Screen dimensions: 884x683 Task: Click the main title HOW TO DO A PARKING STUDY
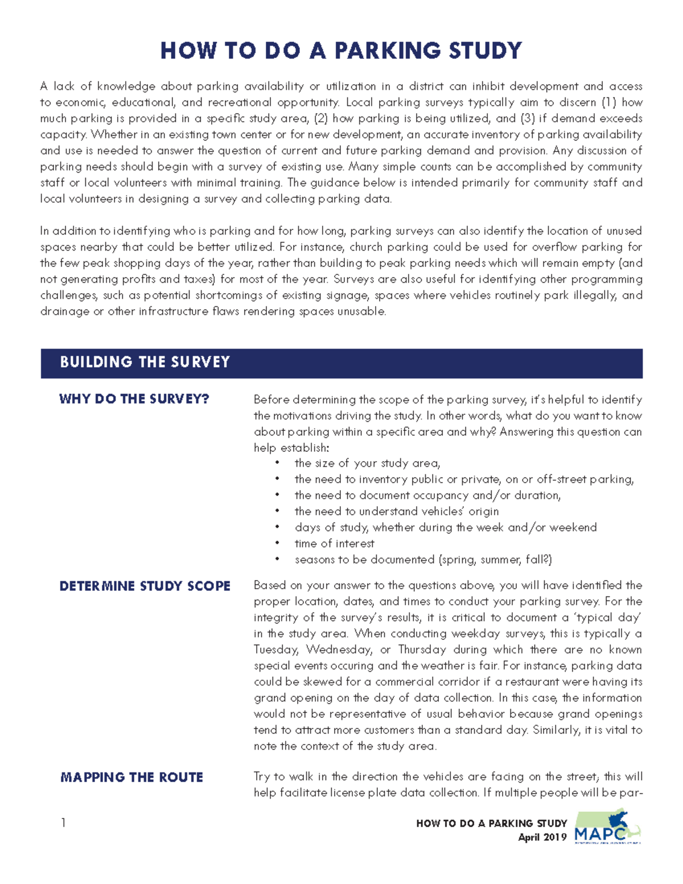[x=341, y=51]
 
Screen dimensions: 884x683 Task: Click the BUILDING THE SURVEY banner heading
[x=145, y=362]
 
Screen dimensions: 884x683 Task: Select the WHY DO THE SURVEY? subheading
[x=134, y=399]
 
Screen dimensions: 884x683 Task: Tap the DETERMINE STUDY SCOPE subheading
[x=145, y=586]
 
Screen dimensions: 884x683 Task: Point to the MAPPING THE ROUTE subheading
[x=131, y=777]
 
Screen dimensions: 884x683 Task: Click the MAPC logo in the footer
[x=607, y=827]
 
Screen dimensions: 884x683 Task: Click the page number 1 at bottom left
[x=63, y=823]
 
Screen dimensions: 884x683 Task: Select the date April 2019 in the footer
[x=542, y=837]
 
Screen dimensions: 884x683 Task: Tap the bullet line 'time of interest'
[x=334, y=544]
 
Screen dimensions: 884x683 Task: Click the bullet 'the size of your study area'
[x=367, y=463]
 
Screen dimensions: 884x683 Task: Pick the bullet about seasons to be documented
[x=423, y=560]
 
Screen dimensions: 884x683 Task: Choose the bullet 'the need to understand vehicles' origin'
[x=396, y=511]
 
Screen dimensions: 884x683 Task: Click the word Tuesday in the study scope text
[x=277, y=649]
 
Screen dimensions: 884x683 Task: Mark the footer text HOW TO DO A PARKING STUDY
[x=491, y=823]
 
